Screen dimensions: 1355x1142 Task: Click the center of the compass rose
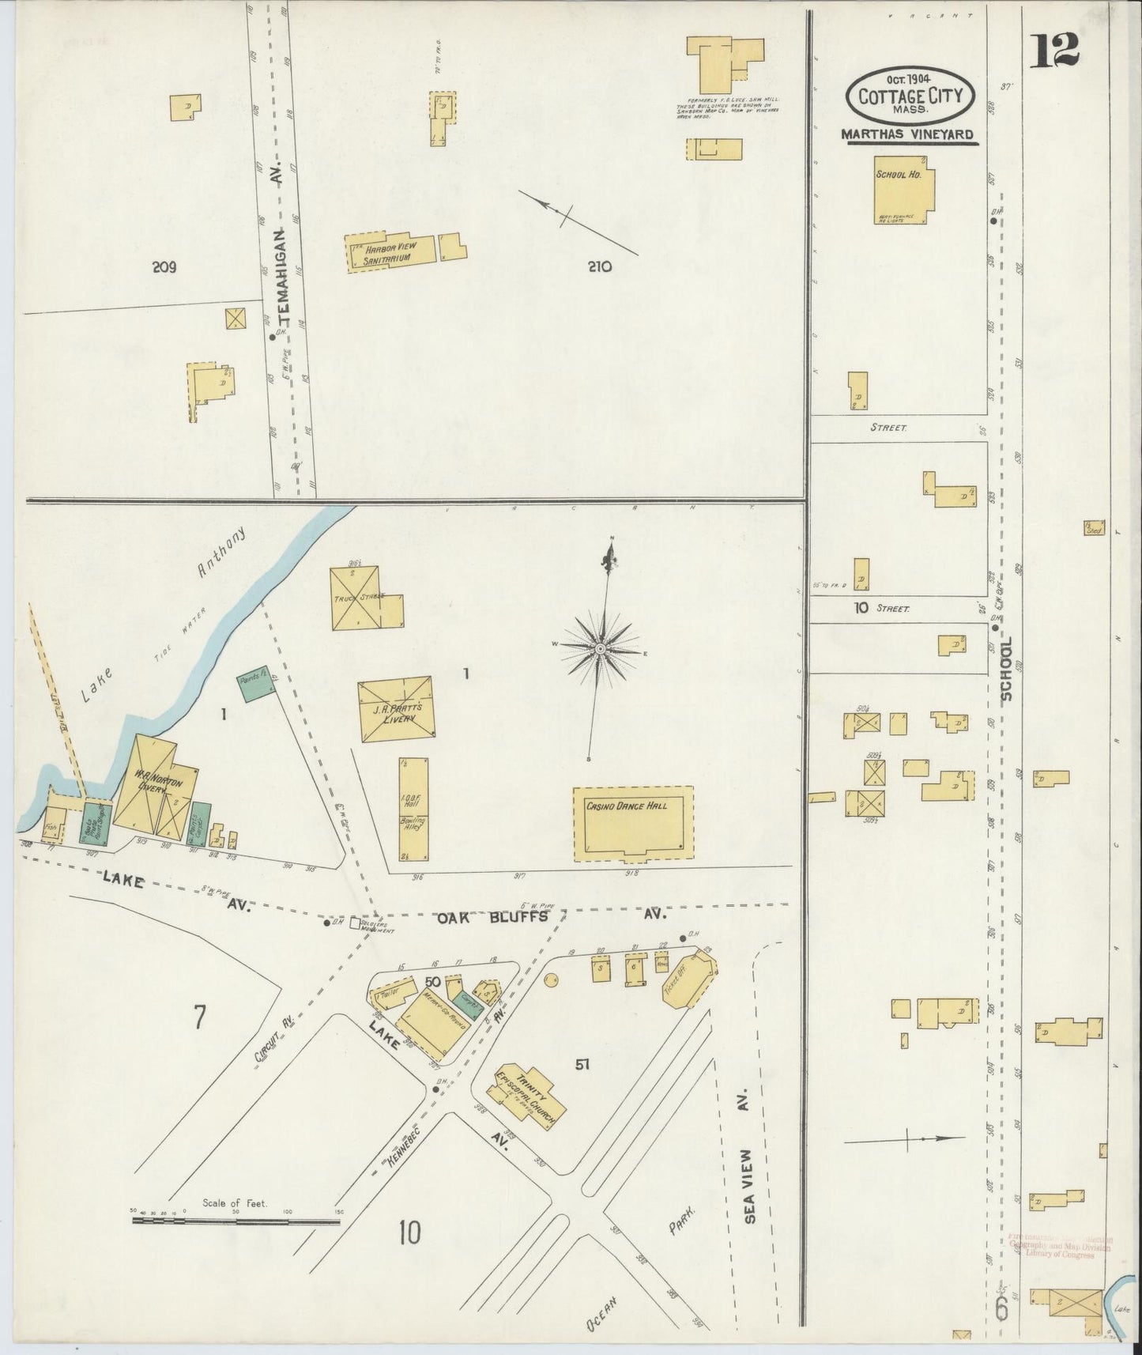coord(600,648)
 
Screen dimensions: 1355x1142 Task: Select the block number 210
coord(599,267)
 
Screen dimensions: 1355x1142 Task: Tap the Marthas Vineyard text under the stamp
coord(906,135)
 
